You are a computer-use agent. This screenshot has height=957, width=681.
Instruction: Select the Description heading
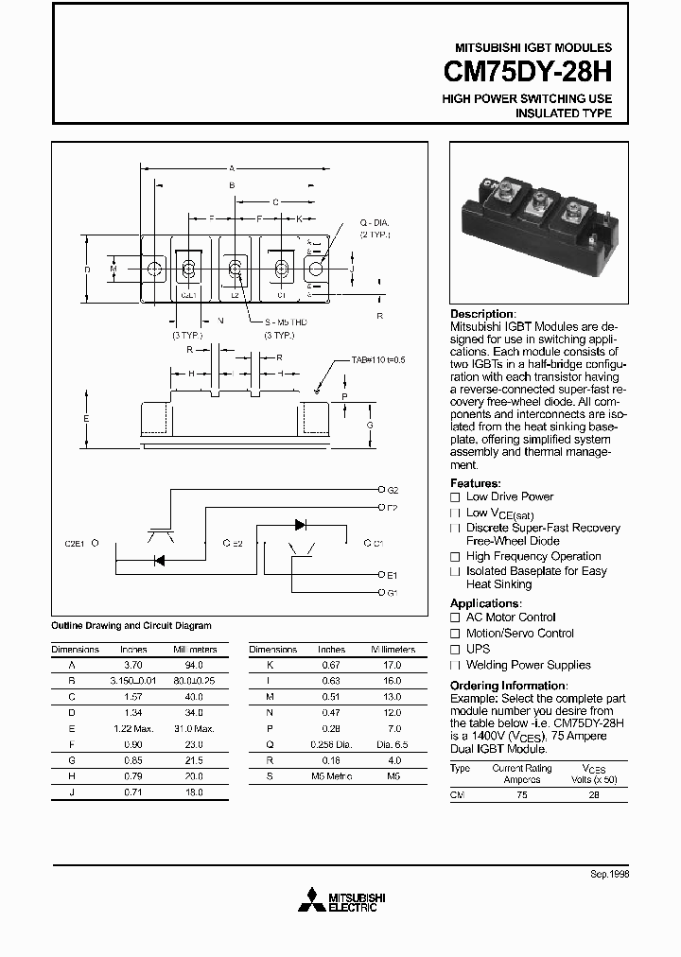[482, 314]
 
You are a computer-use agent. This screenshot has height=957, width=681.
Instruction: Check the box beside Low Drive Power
[455, 496]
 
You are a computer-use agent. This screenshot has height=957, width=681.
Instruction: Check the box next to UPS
[455, 650]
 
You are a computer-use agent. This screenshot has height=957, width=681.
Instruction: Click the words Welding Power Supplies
[528, 665]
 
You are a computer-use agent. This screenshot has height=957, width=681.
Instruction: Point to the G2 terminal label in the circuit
[393, 491]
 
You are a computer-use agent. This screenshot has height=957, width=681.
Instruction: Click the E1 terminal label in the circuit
[393, 575]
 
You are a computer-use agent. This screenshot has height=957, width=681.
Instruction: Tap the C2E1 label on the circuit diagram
[76, 544]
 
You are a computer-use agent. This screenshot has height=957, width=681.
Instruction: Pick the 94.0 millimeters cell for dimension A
[195, 665]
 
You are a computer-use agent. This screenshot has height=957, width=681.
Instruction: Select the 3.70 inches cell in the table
[133, 665]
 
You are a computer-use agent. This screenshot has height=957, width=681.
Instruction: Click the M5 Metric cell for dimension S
[331, 776]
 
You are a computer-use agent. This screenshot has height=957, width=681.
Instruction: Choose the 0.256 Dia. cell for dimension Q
[331, 744]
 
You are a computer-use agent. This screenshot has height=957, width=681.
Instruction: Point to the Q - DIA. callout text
[374, 224]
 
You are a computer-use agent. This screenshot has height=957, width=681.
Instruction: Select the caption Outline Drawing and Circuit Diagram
[131, 626]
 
